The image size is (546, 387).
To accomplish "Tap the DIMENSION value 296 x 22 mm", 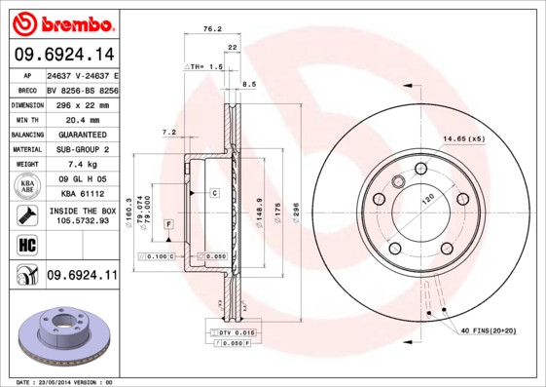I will pos(82,103).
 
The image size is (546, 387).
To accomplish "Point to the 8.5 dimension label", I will pos(249,85).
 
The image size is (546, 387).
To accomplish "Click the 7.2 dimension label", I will pos(168,132).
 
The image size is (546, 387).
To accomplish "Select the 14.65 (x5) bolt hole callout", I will pos(463,138).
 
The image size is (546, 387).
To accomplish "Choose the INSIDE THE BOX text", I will pos(82,211).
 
